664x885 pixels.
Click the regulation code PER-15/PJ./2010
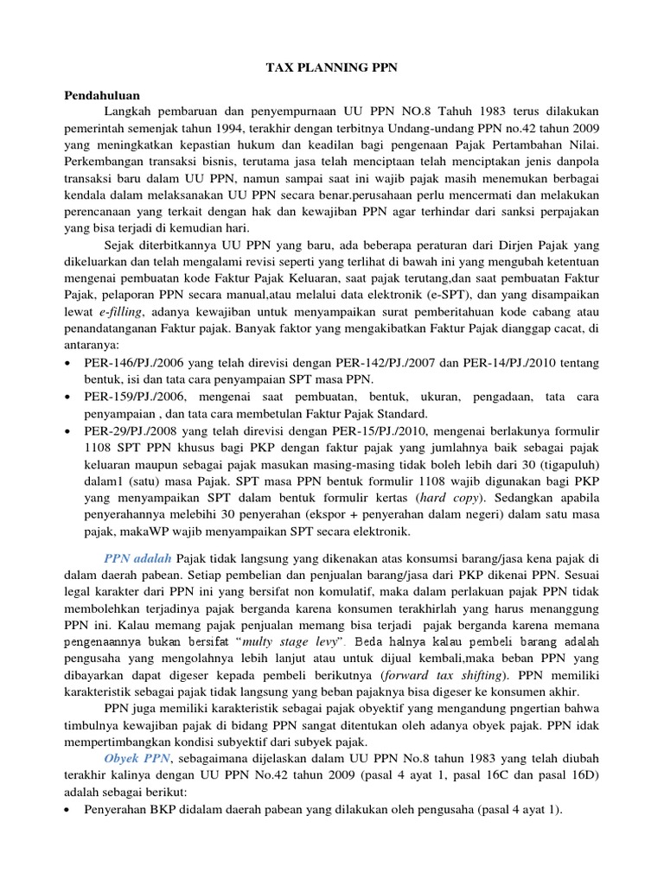click(374, 431)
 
